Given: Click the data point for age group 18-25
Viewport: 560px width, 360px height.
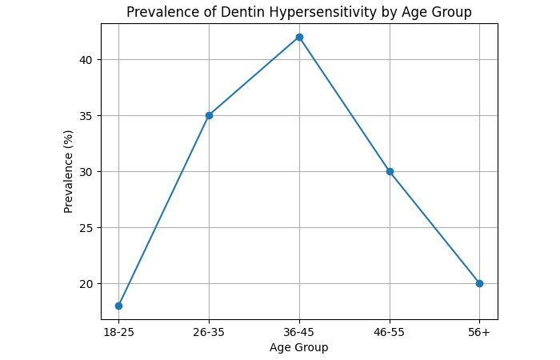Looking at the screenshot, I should pos(118,306).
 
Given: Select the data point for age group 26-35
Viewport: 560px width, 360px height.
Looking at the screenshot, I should pos(209,115).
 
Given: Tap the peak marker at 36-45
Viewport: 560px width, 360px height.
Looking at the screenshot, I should pos(299,37).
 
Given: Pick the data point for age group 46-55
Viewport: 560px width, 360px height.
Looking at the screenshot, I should pos(390,171).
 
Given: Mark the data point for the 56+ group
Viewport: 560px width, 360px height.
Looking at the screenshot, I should pos(479,283).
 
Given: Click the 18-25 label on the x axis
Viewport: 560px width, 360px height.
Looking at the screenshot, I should pos(118,332).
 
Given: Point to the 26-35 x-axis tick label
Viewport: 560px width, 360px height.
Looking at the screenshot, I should pos(209,332).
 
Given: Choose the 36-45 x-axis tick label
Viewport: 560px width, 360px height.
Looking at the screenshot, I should pos(299,332).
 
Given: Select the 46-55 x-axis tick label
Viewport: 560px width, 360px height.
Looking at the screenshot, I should pos(390,332).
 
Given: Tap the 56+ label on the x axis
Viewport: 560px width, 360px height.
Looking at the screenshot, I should pos(479,332).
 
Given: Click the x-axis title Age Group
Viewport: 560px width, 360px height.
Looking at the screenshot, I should pos(299,347).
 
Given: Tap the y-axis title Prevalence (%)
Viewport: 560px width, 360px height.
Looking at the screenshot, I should pos(69,172).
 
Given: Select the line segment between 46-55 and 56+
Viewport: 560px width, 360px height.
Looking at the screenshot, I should pos(434,227).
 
